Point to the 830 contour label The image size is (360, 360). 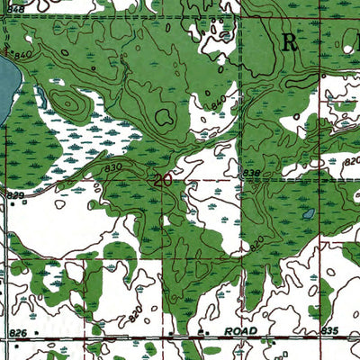click(x=112, y=167)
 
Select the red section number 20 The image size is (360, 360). click(x=163, y=180)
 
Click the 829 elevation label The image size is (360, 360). click(x=15, y=195)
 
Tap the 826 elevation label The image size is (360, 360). click(x=17, y=333)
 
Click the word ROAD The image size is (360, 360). click(x=241, y=331)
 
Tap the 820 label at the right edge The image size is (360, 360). click(x=351, y=158)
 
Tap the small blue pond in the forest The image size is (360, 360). click(x=309, y=214)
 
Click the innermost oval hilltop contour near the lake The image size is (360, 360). click(x=68, y=102)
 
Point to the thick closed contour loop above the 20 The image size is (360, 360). click(x=165, y=115)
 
